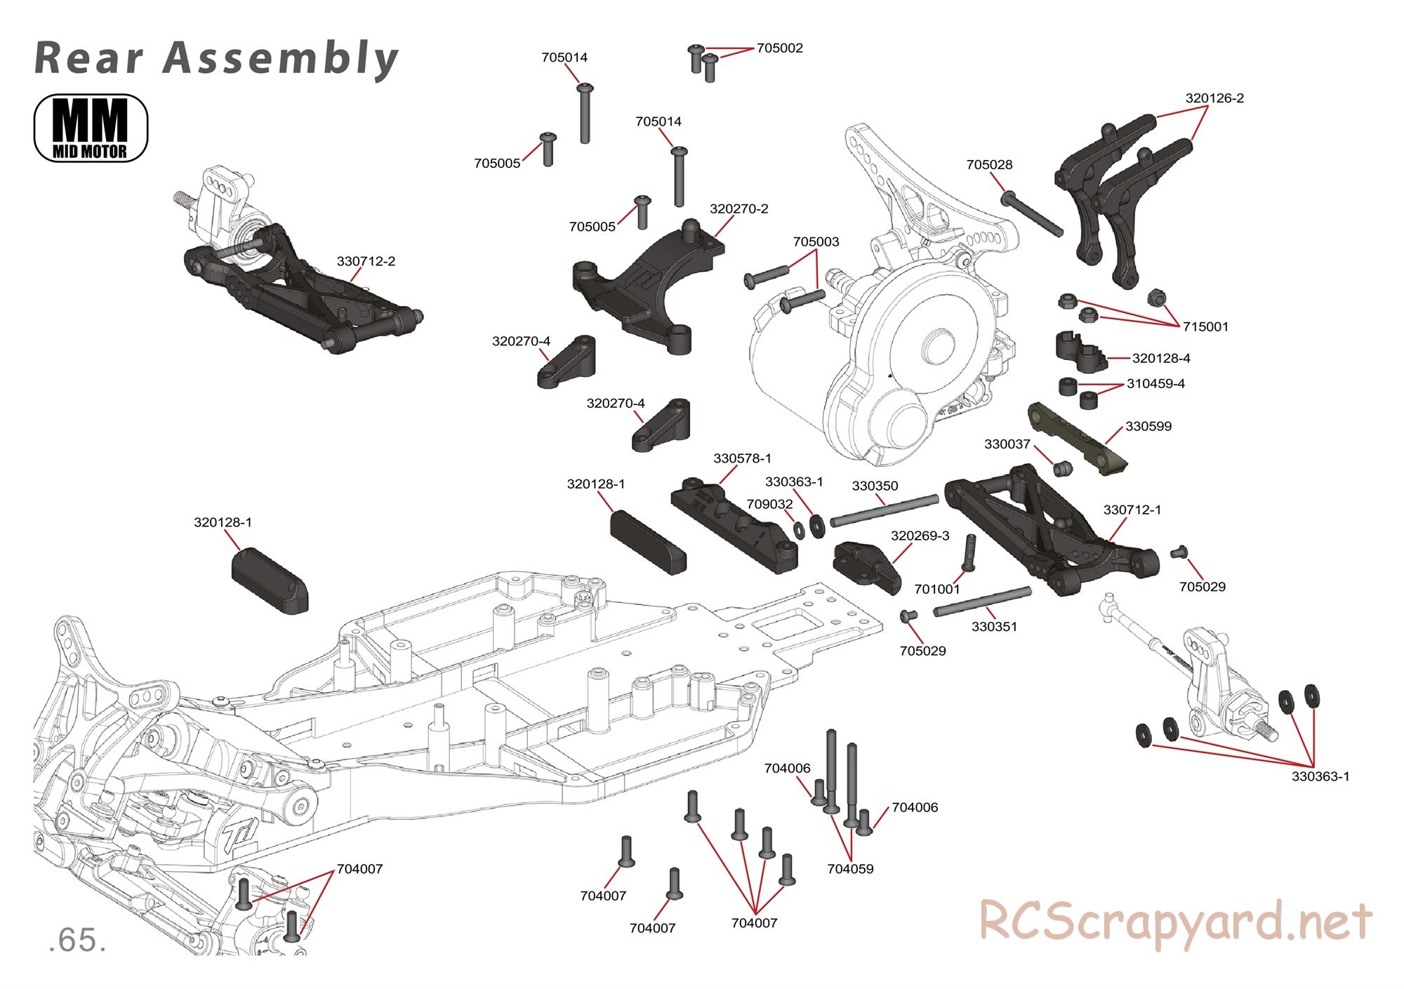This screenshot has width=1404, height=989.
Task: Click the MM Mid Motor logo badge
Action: point(91,128)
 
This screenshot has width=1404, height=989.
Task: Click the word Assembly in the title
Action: point(281,58)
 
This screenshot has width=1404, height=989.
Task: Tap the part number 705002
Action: point(779,48)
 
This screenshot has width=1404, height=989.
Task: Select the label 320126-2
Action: point(1214,99)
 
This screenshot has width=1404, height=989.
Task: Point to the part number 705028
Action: point(989,165)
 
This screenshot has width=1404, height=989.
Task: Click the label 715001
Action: point(1205,327)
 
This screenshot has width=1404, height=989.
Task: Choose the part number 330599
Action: point(1148,426)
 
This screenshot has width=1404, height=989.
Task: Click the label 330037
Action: point(1007,444)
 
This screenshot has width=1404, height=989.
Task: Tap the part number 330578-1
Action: point(742,458)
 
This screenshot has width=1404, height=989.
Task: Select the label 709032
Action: point(769,504)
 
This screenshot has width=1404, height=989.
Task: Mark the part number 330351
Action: point(994,627)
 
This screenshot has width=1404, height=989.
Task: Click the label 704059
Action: point(850,869)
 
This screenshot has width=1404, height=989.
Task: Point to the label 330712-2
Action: point(366,262)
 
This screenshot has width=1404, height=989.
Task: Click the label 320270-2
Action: point(739,209)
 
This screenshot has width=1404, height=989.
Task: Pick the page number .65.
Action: point(77,941)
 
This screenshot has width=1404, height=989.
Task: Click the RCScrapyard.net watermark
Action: point(1175,922)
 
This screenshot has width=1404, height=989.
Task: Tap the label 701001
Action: point(936,589)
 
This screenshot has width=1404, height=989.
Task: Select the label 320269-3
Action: point(920,536)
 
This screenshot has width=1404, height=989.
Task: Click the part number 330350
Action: point(875,486)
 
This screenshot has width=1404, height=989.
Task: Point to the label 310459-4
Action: point(1155,384)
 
